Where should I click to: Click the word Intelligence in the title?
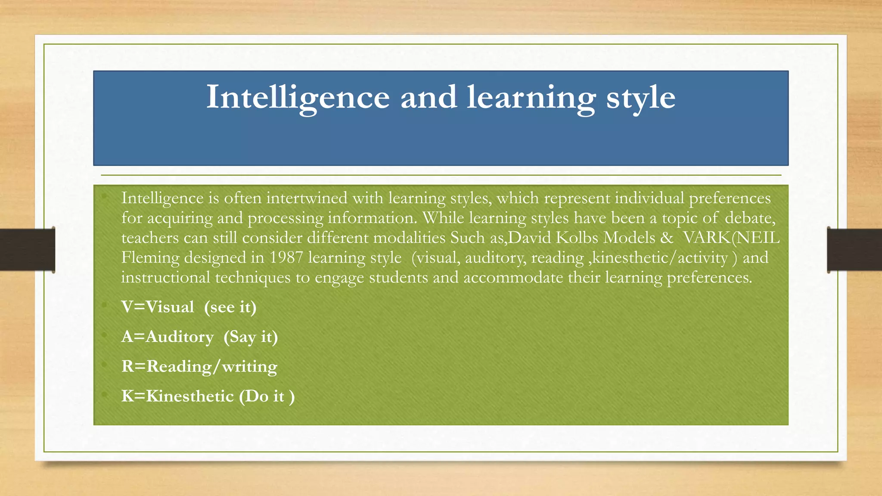click(298, 98)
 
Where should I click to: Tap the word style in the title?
click(640, 98)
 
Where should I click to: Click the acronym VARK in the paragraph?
click(707, 238)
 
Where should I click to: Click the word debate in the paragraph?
click(750, 218)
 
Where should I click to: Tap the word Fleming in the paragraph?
click(150, 257)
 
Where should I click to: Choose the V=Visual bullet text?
click(158, 307)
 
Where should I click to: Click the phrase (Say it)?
click(251, 337)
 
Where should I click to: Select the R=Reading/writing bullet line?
click(199, 366)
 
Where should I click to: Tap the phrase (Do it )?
click(267, 396)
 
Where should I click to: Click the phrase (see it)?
click(230, 307)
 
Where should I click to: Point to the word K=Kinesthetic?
click(177, 396)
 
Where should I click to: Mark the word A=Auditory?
click(168, 337)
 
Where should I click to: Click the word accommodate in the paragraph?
click(513, 277)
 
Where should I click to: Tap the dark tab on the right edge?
click(854, 250)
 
